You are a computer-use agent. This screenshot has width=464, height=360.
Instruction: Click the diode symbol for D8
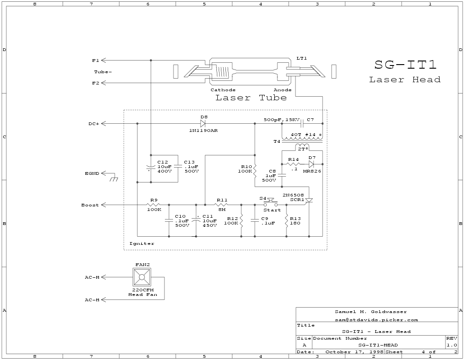pyautogui.click(x=203, y=123)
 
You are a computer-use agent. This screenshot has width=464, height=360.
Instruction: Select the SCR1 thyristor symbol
pyautogui.click(x=309, y=200)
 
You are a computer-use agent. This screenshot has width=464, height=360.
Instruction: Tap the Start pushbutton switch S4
pyautogui.click(x=271, y=203)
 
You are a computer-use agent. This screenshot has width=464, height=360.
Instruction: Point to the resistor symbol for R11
pyautogui.click(x=221, y=205)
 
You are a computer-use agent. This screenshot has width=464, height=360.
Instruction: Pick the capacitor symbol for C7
pyautogui.click(x=302, y=123)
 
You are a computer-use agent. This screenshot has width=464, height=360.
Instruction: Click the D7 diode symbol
pyautogui.click(x=311, y=164)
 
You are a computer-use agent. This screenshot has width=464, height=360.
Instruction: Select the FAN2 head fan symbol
pyautogui.click(x=142, y=277)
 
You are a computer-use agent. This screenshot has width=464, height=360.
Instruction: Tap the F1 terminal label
pyautogui.click(x=95, y=61)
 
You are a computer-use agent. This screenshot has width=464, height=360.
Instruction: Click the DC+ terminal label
pyautogui.click(x=94, y=124)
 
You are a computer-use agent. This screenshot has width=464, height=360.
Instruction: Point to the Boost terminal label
pyautogui.click(x=90, y=205)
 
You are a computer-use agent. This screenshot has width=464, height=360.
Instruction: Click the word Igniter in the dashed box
pyautogui.click(x=142, y=243)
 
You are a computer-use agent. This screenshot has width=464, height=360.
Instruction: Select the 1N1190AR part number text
pyautogui.click(x=203, y=131)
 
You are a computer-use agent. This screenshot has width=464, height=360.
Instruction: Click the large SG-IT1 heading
pyautogui.click(x=405, y=65)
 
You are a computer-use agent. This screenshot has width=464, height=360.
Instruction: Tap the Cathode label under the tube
pyautogui.click(x=223, y=90)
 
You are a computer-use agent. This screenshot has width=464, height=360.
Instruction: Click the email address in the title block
pyautogui.click(x=376, y=320)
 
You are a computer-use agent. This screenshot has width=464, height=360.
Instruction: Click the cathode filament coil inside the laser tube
pyautogui.click(x=221, y=72)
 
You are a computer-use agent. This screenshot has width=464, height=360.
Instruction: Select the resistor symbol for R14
pyautogui.click(x=294, y=164)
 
